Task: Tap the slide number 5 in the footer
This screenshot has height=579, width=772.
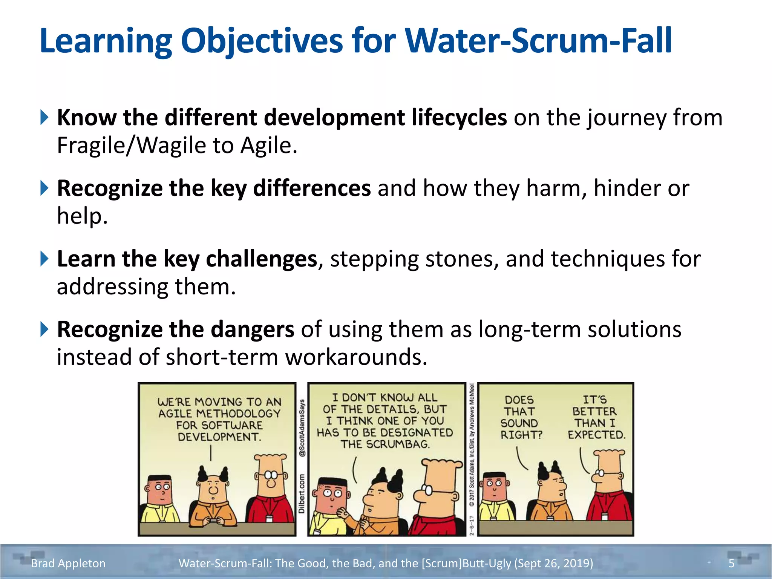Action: pyautogui.click(x=731, y=563)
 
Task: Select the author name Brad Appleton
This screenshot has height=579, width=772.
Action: pyautogui.click(x=68, y=563)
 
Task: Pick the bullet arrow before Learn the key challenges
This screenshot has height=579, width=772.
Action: pyautogui.click(x=44, y=259)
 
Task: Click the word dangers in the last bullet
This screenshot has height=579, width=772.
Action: pyautogui.click(x=252, y=329)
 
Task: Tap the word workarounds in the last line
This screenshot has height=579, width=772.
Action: pyautogui.click(x=356, y=357)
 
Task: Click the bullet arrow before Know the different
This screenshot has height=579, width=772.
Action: pyautogui.click(x=44, y=118)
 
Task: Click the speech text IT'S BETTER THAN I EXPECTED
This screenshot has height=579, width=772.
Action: pyautogui.click(x=596, y=417)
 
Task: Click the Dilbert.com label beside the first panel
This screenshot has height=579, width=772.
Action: pyautogui.click(x=302, y=493)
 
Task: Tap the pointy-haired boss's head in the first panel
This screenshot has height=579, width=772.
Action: pyautogui.click(x=213, y=486)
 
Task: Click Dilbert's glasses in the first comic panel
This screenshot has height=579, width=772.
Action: pyautogui.click(x=271, y=475)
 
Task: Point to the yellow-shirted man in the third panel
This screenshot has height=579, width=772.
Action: pyautogui.click(x=495, y=498)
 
